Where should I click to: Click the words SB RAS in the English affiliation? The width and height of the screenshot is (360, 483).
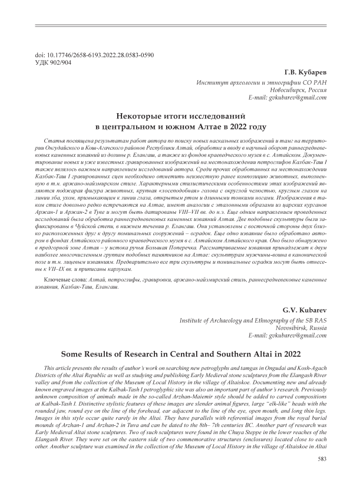[306, 321]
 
